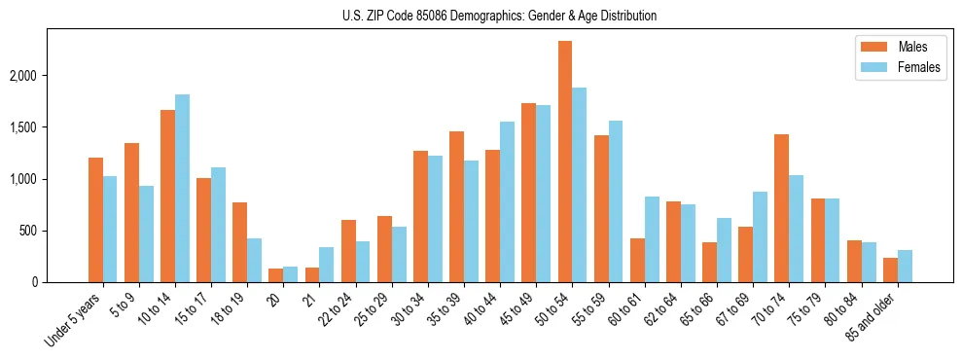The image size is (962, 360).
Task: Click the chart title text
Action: tap(500, 16)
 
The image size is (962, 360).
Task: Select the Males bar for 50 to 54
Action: tap(565, 162)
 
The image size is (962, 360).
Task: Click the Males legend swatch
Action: tap(869, 47)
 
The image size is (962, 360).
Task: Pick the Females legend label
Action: tap(919, 68)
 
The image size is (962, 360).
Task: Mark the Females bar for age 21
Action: tap(327, 265)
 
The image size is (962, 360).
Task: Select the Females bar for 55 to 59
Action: tap(616, 201)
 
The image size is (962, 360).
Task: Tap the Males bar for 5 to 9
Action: tap(132, 212)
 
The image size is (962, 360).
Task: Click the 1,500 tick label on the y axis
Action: tap(36, 127)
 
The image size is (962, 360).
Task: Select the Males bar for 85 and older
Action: tap(890, 270)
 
